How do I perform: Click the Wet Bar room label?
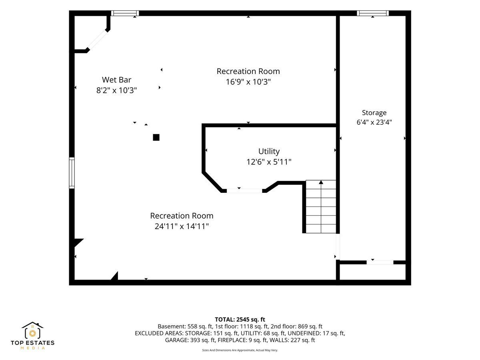tap(116, 80)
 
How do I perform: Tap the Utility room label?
tap(269, 151)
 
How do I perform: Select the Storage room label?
tap(374, 113)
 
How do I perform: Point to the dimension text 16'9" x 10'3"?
tap(248, 82)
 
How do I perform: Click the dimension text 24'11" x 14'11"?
tap(182, 226)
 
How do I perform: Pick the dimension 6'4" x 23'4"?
tap(374, 122)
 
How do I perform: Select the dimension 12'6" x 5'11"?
tap(269, 162)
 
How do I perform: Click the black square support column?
tap(156, 138)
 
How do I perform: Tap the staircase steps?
tap(320, 206)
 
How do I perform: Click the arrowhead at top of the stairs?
tap(321, 182)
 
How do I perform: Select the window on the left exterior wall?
tap(72, 173)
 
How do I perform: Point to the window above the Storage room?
tap(373, 13)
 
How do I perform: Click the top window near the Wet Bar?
tap(125, 13)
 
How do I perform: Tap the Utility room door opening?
tap(244, 191)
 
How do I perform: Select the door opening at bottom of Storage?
tap(380, 262)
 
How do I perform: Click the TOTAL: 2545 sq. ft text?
tap(240, 320)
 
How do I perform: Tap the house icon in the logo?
tap(32, 330)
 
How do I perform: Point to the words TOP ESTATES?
tap(32, 343)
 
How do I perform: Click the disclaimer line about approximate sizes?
tap(240, 350)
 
